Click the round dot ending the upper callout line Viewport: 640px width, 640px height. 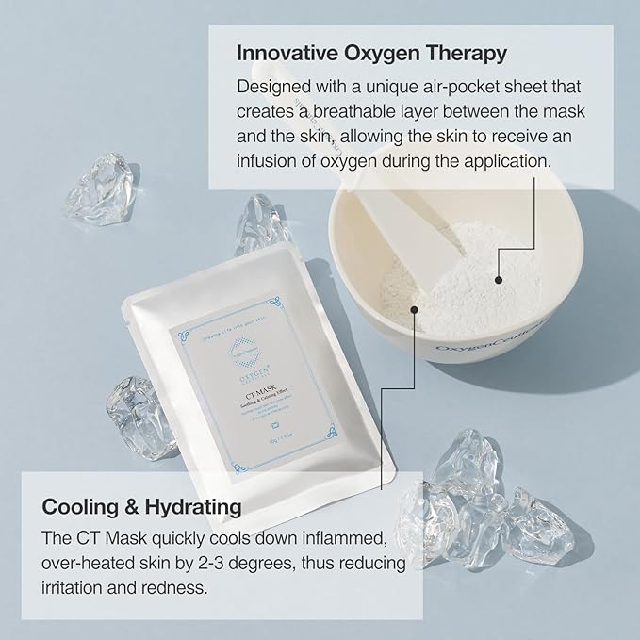[498, 278]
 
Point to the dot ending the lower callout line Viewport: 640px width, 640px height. [412, 306]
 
